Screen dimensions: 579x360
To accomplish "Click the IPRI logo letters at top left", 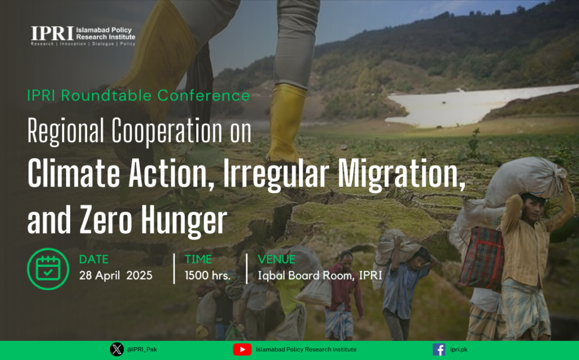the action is pyautogui.click(x=53, y=33).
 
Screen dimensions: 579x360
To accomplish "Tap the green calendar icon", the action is pyautogui.click(x=48, y=269).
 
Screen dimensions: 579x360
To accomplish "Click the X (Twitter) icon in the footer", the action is pyautogui.click(x=116, y=349).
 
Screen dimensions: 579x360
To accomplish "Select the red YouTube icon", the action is pyautogui.click(x=242, y=349).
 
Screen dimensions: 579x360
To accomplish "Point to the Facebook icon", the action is pyautogui.click(x=439, y=349).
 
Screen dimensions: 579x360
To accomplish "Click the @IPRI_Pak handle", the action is pyautogui.click(x=142, y=349).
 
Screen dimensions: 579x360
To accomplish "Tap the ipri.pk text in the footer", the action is pyautogui.click(x=459, y=349).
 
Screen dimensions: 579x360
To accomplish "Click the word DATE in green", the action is pyautogui.click(x=94, y=259).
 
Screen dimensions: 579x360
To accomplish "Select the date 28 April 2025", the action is pyautogui.click(x=115, y=275).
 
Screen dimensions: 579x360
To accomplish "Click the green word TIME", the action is pyautogui.click(x=198, y=259).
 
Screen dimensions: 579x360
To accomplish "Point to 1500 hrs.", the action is pyautogui.click(x=207, y=275).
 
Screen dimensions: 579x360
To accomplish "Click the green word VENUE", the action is pyautogui.click(x=276, y=259).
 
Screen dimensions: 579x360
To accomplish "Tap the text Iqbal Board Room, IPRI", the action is pyautogui.click(x=320, y=276).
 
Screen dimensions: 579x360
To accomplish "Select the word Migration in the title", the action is pyautogui.click(x=401, y=174).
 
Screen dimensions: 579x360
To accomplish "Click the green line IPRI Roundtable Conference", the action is pyautogui.click(x=139, y=96).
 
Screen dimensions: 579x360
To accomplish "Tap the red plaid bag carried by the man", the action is pyautogui.click(x=482, y=257).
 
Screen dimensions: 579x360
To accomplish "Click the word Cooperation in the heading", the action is pyautogui.click(x=167, y=131).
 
